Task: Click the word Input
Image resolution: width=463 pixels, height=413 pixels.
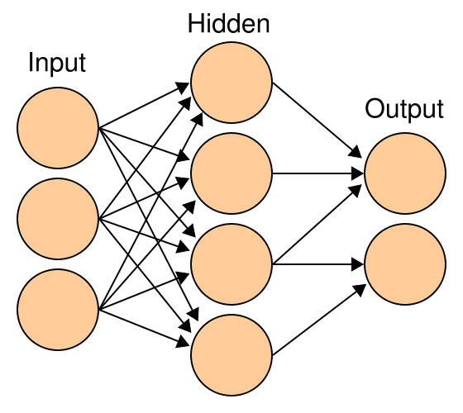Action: (x=57, y=63)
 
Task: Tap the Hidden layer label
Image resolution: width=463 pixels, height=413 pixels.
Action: (x=228, y=24)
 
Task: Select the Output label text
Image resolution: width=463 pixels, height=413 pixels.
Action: (x=404, y=109)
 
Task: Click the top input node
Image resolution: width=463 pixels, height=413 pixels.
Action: (x=58, y=128)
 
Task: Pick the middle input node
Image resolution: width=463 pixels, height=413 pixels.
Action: (x=58, y=219)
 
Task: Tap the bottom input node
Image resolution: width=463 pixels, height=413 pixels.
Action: (x=58, y=310)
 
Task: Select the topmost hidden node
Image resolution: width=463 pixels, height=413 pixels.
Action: (x=231, y=83)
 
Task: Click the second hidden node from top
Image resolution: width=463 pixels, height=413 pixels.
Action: (x=231, y=173)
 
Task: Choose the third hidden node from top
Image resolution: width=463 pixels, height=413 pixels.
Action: (x=231, y=264)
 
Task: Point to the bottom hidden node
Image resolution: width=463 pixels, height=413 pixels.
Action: (x=231, y=355)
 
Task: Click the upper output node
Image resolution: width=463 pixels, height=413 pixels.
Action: (x=405, y=173)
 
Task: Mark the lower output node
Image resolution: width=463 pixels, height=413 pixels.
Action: (x=405, y=264)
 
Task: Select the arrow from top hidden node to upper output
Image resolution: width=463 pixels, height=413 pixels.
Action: (x=317, y=120)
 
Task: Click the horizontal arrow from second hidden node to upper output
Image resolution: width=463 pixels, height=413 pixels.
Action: (x=318, y=173)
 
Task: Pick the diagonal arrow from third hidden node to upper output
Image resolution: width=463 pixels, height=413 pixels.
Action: (x=317, y=224)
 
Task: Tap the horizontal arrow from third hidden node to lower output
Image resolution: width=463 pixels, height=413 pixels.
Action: (x=318, y=264)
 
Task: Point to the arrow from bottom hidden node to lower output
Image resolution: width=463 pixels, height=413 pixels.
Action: (x=319, y=320)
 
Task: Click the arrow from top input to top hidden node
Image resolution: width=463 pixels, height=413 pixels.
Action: (x=144, y=106)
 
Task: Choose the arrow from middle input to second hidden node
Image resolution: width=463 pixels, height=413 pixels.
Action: (x=144, y=198)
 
